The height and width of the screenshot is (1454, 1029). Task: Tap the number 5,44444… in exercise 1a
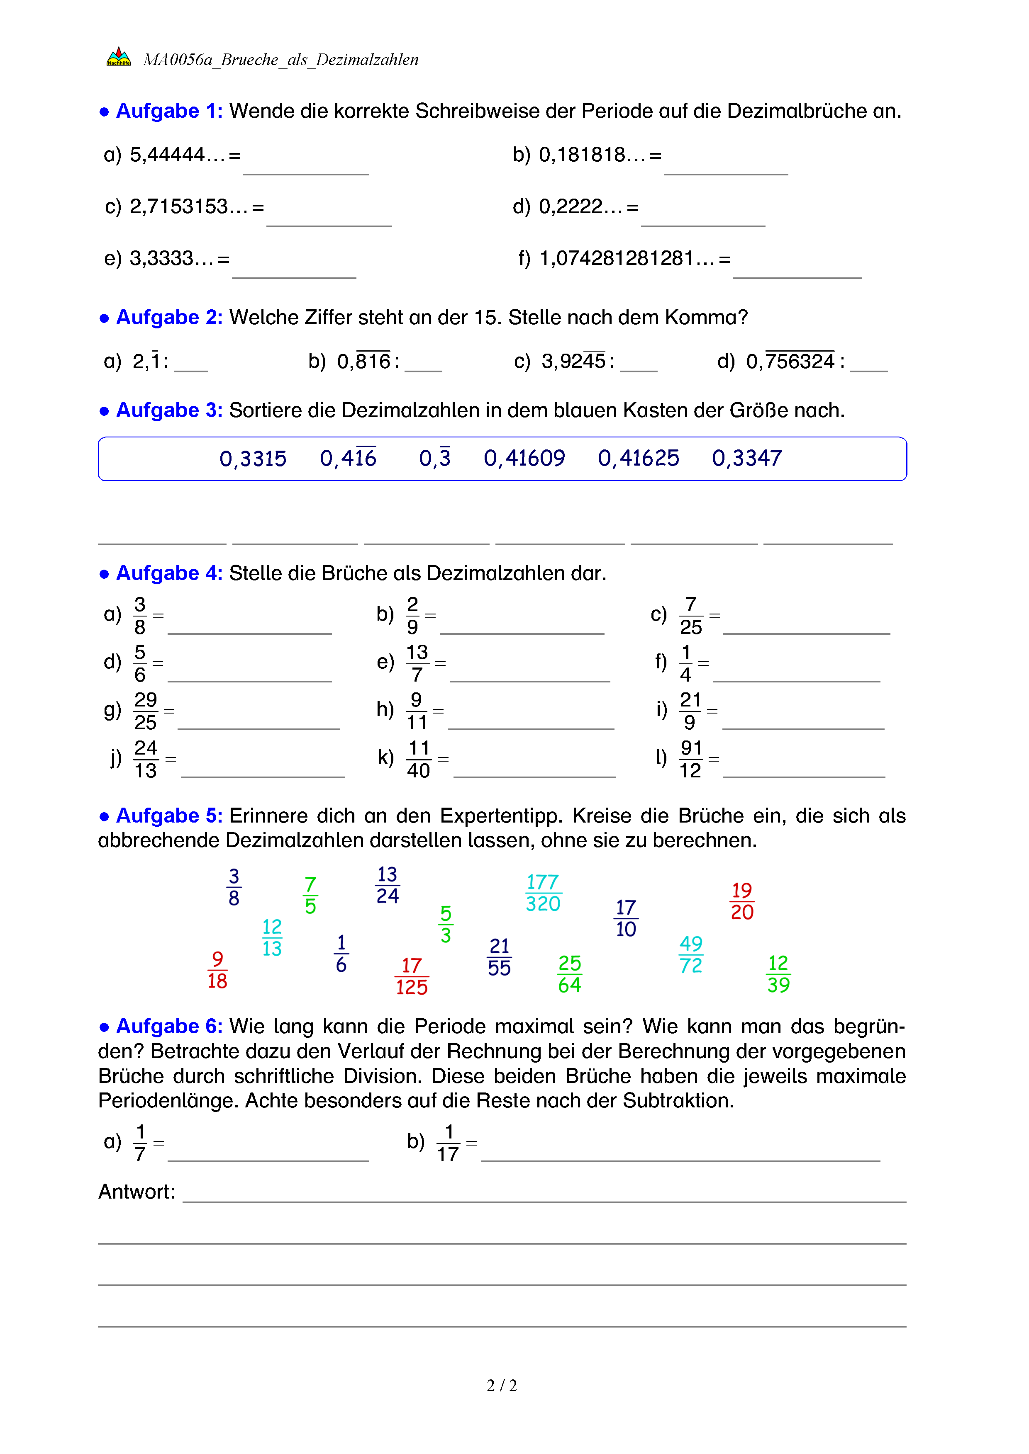click(177, 155)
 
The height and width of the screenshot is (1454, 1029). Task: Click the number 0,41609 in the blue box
click(524, 458)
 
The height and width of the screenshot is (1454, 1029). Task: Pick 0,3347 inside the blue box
click(746, 458)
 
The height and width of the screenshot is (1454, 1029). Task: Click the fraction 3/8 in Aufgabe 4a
click(140, 616)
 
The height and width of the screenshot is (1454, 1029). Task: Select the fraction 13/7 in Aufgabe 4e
click(417, 663)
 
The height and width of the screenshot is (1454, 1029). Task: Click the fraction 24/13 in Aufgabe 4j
click(145, 759)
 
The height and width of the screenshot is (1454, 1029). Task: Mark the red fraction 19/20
click(741, 901)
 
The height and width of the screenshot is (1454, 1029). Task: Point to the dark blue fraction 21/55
click(499, 957)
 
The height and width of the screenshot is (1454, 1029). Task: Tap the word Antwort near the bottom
click(136, 1192)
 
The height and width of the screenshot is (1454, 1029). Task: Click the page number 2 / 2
click(502, 1386)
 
